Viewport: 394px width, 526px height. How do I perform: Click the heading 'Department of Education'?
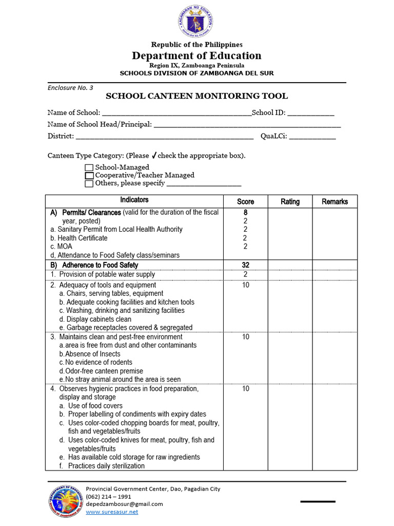point(196,55)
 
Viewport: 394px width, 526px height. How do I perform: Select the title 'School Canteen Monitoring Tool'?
point(196,96)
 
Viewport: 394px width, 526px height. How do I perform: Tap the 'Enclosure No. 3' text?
point(70,87)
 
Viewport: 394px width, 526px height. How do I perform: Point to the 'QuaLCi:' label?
point(274,136)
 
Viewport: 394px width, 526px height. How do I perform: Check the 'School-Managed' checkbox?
point(89,167)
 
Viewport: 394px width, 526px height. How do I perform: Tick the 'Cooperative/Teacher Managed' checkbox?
point(89,175)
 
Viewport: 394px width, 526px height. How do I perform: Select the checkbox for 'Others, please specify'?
point(89,183)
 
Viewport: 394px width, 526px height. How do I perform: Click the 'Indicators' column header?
point(134,200)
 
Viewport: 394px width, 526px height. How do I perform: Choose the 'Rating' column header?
point(290,202)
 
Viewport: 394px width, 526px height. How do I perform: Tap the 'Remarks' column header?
point(334,202)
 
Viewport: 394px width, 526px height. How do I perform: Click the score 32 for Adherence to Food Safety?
point(245,265)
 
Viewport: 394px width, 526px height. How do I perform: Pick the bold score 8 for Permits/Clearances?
point(245,212)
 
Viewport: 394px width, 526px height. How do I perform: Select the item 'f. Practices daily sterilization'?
point(102,466)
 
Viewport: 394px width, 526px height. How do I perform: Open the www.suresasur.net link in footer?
point(112,512)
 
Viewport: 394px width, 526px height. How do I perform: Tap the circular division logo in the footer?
point(66,501)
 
